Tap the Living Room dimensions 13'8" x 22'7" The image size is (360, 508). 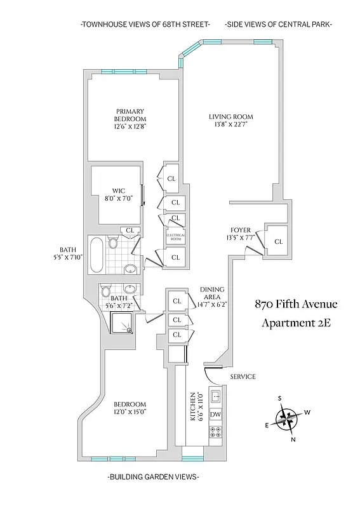click(231, 125)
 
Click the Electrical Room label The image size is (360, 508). click(175, 236)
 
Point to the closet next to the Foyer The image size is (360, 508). click(278, 241)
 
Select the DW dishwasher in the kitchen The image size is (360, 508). click(215, 415)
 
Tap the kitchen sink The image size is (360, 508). click(215, 398)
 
